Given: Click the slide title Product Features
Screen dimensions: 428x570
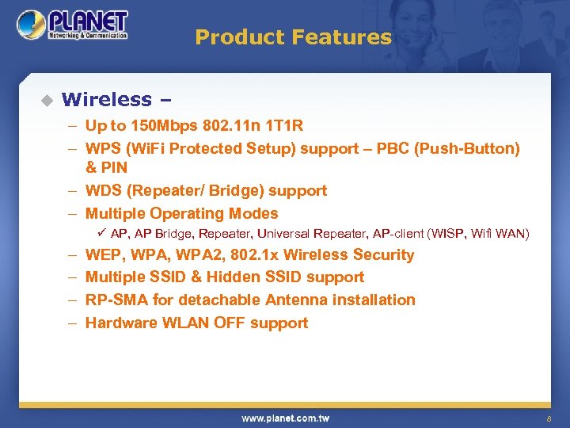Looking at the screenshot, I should tap(293, 37).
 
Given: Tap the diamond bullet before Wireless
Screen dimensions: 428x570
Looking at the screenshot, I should tap(46, 100).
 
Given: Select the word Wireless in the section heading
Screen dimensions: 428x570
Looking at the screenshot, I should tap(106, 99).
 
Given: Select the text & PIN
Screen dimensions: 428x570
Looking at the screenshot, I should tap(106, 167).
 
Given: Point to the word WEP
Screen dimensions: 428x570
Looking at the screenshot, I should tap(102, 254).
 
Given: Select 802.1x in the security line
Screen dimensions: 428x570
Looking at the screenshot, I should tap(253, 254).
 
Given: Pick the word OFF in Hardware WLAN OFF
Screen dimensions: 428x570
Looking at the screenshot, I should tap(228, 323).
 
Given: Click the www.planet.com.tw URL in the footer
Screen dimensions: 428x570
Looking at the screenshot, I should tap(285, 418).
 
